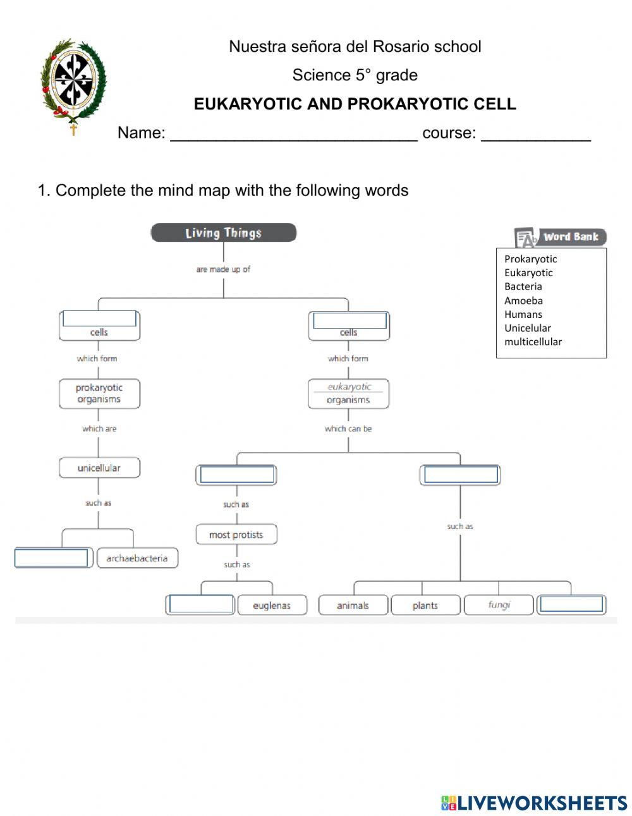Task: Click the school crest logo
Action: click(73, 85)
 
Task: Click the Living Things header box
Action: click(223, 233)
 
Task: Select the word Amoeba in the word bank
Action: click(523, 300)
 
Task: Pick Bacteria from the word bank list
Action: click(523, 286)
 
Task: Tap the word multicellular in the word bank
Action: click(533, 341)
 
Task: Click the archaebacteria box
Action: click(137, 558)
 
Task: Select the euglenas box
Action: click(272, 606)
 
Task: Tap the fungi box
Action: click(499, 605)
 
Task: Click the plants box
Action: click(425, 606)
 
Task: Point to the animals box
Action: click(352, 606)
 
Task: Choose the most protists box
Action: click(236, 535)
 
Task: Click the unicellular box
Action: click(99, 468)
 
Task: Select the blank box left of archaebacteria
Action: click(51, 558)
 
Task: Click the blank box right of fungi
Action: click(571, 604)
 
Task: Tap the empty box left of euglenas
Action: click(201, 604)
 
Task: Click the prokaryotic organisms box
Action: click(99, 393)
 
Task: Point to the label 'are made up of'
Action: click(223, 269)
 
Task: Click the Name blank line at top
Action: click(293, 134)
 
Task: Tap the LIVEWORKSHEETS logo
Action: click(534, 803)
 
